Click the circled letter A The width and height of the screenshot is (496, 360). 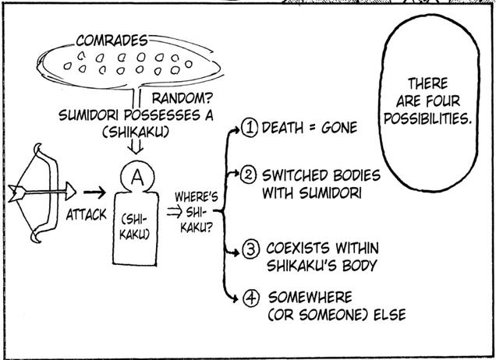pos(136,177)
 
